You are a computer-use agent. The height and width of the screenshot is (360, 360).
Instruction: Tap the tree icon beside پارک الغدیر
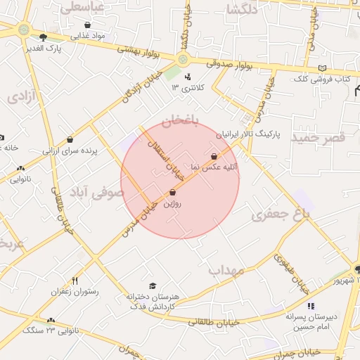click(x=44, y=37)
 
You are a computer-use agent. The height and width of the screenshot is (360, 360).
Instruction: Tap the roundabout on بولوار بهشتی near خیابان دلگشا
click(x=184, y=60)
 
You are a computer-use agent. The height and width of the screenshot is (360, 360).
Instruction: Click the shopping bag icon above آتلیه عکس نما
click(x=214, y=156)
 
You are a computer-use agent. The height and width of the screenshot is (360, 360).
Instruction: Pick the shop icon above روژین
click(x=172, y=192)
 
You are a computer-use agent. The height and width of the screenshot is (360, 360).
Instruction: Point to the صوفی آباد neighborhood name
click(x=98, y=191)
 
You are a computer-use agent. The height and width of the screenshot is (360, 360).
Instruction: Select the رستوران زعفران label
click(x=75, y=290)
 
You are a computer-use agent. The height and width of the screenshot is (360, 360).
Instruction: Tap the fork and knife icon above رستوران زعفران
click(x=75, y=279)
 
